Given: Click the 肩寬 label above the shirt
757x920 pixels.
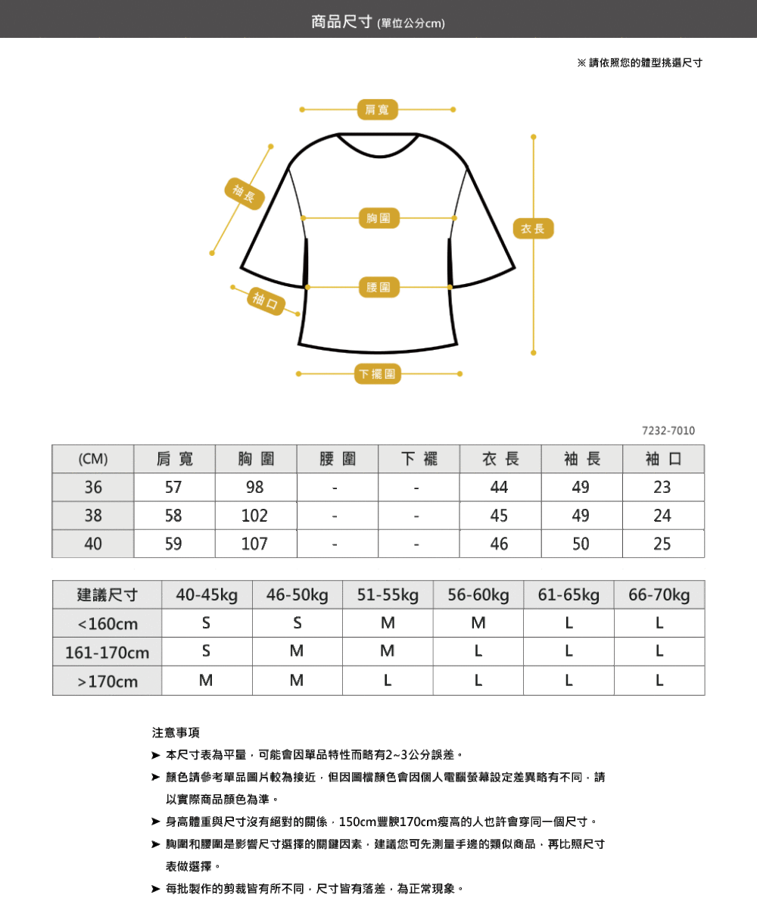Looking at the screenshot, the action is click(x=377, y=110).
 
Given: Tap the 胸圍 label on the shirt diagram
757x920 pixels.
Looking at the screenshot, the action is click(x=378, y=217).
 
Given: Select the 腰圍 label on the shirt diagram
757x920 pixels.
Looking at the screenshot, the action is click(x=378, y=287).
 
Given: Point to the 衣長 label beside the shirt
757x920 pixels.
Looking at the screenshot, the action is click(x=533, y=229).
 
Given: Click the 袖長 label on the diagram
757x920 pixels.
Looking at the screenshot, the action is click(x=245, y=194).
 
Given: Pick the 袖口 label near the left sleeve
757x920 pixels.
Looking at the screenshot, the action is click(x=266, y=301).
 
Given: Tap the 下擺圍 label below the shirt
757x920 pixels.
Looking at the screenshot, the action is click(x=377, y=374).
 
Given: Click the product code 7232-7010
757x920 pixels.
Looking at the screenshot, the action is click(x=668, y=431).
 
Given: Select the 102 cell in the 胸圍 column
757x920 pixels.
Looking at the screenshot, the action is click(x=254, y=516).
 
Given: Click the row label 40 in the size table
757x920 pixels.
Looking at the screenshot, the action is click(x=93, y=544).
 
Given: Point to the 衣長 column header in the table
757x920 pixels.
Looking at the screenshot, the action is click(x=500, y=459).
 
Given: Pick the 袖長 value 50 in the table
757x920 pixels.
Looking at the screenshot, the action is click(x=581, y=544).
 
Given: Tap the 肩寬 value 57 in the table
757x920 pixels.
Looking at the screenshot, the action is click(x=173, y=488).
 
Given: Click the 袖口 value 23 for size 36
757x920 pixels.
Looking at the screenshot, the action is click(x=662, y=488).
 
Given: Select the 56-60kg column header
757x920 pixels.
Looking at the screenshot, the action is click(x=478, y=594).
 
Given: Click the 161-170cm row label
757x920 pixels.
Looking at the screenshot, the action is click(x=107, y=653).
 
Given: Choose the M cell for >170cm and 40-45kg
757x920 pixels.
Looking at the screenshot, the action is click(x=206, y=680).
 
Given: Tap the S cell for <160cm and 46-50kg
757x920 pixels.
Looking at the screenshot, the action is click(x=297, y=623).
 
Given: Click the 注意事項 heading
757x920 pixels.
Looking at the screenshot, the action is click(x=176, y=733).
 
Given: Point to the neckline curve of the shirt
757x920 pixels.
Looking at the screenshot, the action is click(x=378, y=156).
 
